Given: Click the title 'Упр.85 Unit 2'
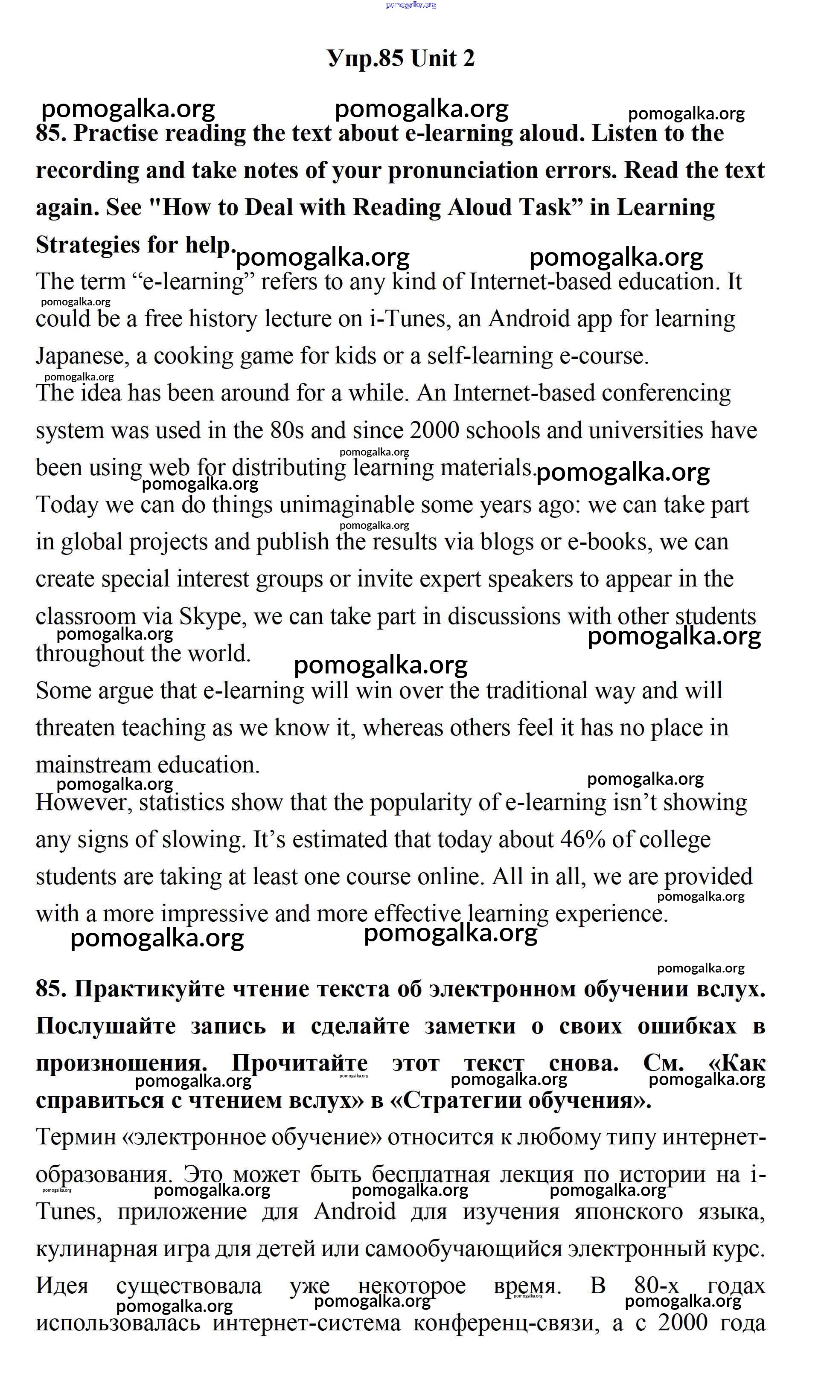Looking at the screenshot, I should pyautogui.click(x=401, y=58).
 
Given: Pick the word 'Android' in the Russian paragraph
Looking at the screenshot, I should pyautogui.click(x=355, y=1211).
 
